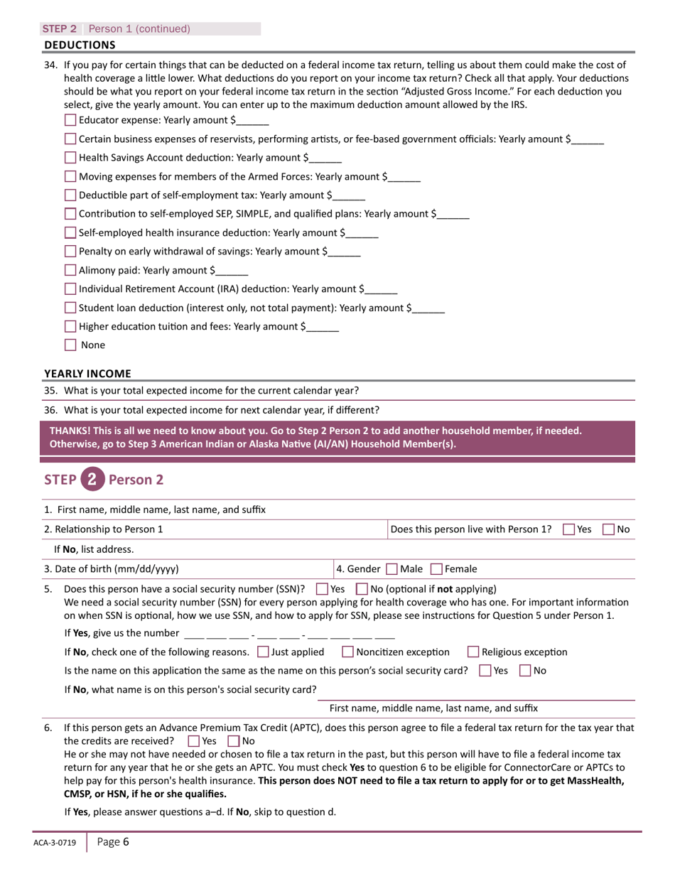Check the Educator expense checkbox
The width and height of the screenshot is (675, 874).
[x=70, y=120]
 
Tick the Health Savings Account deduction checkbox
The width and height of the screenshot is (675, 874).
[x=70, y=158]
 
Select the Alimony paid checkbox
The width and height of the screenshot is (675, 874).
[x=70, y=270]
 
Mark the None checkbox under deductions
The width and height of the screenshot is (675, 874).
[x=70, y=345]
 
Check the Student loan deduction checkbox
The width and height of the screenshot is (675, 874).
[x=70, y=308]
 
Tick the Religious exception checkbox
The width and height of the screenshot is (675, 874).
[x=474, y=652]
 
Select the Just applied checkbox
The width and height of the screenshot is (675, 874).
[x=263, y=652]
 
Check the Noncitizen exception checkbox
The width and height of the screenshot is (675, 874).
[x=348, y=652]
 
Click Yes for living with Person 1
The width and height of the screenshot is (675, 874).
[x=569, y=529]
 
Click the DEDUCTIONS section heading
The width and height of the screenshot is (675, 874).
[x=80, y=45]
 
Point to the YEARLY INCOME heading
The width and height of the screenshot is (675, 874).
[x=87, y=373]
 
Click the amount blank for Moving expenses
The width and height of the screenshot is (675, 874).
[x=405, y=178]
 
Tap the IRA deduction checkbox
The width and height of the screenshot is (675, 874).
[x=70, y=289]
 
